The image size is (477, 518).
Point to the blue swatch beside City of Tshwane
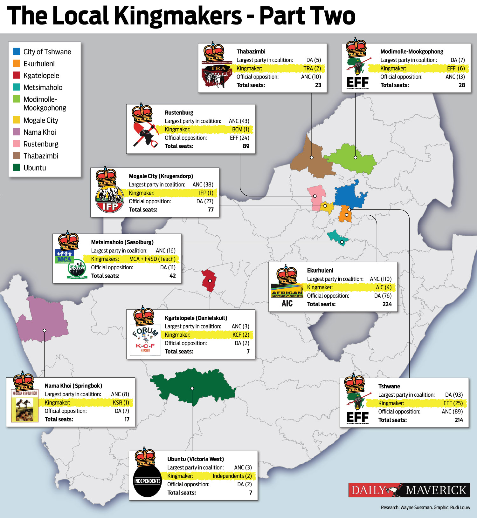tap(17, 51)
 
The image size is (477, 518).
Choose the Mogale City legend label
tap(41, 120)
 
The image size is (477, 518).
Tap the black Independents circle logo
tap(147, 481)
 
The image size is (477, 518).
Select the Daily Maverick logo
tap(409, 490)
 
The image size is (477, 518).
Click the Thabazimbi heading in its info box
tap(251, 51)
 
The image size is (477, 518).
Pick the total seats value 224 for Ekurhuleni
tap(387, 304)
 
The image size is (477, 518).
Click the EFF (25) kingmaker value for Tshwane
tap(453, 403)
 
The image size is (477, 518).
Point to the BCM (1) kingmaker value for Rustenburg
tap(240, 129)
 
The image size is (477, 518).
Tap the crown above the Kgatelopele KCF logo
tap(144, 317)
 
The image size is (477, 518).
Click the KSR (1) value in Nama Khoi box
tap(121, 402)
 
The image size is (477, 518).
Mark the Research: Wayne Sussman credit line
tap(425, 508)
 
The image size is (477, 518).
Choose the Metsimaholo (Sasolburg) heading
tap(122, 242)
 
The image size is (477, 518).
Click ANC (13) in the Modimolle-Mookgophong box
tap(455, 77)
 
